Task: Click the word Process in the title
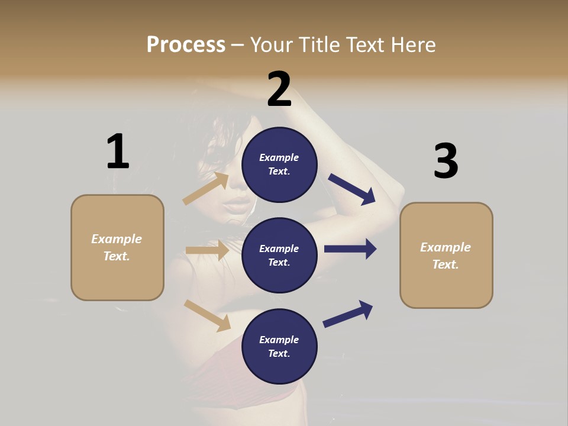pyautogui.click(x=186, y=44)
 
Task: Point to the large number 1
pyautogui.click(x=118, y=151)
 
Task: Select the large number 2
pyautogui.click(x=279, y=89)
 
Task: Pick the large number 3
pyautogui.click(x=446, y=161)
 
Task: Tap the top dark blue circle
pyautogui.click(x=279, y=164)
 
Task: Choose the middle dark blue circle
pyautogui.click(x=279, y=255)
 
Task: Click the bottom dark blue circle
pyautogui.click(x=279, y=346)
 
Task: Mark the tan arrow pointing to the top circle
pyautogui.click(x=206, y=188)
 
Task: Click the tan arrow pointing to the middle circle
pyautogui.click(x=207, y=250)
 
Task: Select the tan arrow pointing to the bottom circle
pyautogui.click(x=207, y=315)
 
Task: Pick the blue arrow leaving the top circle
pyautogui.click(x=352, y=189)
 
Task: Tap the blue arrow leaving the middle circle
pyautogui.click(x=350, y=248)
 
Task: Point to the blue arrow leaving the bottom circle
pyautogui.click(x=348, y=314)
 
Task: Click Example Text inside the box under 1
pyautogui.click(x=117, y=247)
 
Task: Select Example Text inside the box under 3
pyautogui.click(x=446, y=256)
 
